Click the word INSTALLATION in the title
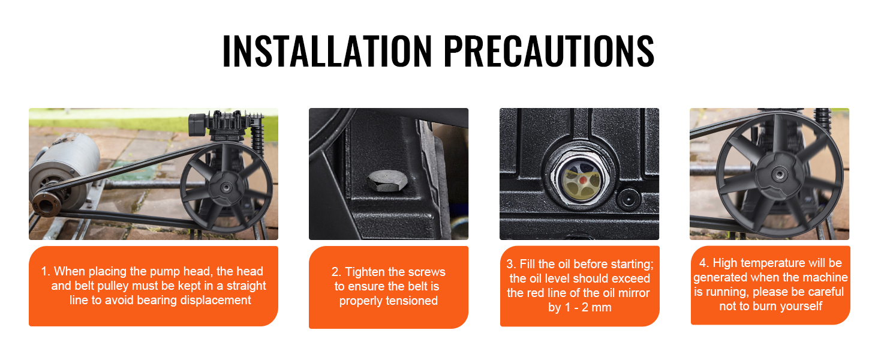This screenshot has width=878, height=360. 327,50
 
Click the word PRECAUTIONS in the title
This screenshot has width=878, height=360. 549,50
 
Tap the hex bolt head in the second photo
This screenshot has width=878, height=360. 387,181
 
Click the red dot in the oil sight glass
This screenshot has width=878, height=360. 584,180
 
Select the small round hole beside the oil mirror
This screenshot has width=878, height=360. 629,199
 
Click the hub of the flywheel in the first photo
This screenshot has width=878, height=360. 225,188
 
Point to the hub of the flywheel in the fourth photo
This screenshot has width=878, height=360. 779,173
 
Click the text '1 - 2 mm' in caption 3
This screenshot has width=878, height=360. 588,307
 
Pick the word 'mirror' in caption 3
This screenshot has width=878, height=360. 633,293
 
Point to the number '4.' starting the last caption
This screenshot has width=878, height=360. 704,263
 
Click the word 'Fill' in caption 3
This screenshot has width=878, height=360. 527,264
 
